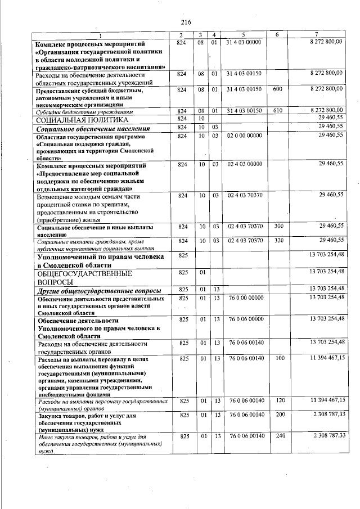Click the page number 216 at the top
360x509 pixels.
[x=186, y=22]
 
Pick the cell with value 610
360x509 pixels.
[x=277, y=110]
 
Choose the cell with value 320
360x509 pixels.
[x=277, y=240]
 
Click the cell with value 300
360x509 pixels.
[x=277, y=226]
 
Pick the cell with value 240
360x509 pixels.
[x=277, y=435]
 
